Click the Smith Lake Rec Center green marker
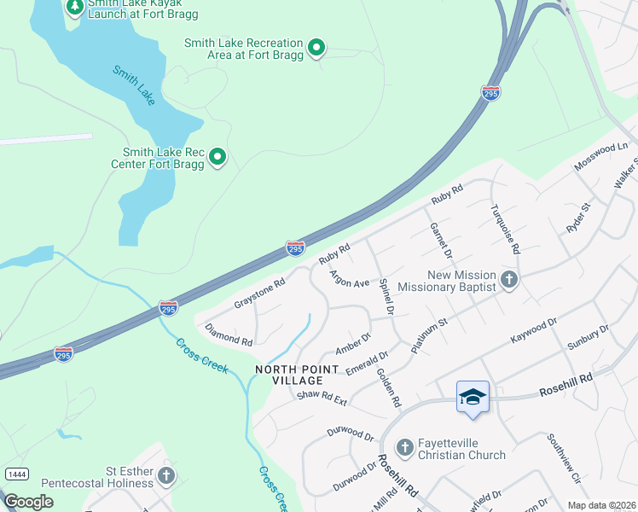click(217, 156)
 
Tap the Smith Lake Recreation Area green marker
click(316, 47)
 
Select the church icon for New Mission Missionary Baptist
click(509, 279)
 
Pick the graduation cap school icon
click(473, 398)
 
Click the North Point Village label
click(289, 374)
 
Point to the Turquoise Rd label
click(504, 230)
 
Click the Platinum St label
click(429, 336)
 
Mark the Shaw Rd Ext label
click(322, 397)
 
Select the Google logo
click(29, 502)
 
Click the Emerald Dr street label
click(368, 362)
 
